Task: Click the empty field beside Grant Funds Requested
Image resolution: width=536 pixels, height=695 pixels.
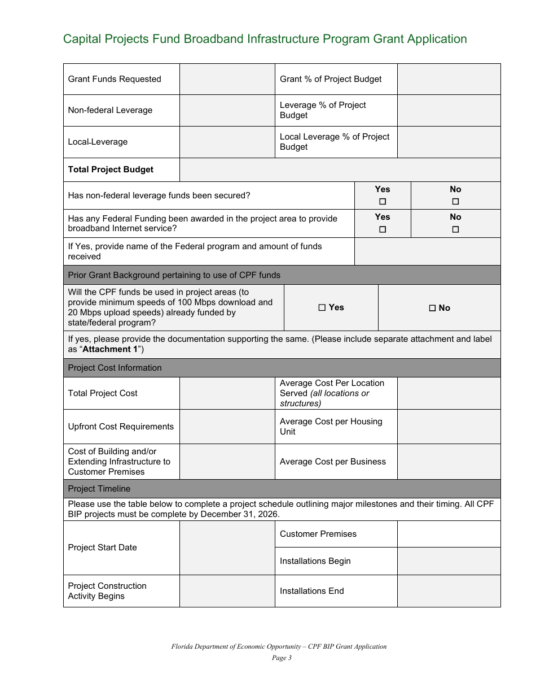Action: pos(227,79)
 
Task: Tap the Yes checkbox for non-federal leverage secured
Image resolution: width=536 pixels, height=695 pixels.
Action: pos(383,202)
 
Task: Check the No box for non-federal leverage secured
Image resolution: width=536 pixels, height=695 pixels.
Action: pos(455,202)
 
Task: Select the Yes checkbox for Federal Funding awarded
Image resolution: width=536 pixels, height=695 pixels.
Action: pos(383,229)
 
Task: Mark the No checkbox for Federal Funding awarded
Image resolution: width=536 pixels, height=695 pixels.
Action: pos(455,229)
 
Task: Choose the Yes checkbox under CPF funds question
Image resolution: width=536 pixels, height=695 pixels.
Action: pos(322,308)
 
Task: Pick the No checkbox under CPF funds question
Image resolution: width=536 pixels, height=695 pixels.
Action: pos(432,309)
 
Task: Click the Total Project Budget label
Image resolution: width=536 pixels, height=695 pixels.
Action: pos(111,170)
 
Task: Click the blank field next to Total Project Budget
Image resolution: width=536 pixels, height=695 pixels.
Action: pos(340,170)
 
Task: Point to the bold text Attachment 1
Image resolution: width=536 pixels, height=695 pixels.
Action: pos(111,349)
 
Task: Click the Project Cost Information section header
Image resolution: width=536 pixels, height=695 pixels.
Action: pos(115,368)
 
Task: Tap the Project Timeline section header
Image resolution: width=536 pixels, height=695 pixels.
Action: pos(99,489)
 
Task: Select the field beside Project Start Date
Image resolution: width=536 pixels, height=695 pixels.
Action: pos(227,548)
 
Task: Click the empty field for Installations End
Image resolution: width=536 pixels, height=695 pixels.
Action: pos(449,591)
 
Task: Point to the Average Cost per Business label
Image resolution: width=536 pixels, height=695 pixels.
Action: pos(333,462)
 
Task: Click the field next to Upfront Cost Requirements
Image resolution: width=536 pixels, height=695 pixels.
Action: pos(227,427)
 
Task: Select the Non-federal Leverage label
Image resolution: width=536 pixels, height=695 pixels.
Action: pos(110,110)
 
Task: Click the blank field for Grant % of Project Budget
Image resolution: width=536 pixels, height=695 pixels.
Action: pos(449,79)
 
